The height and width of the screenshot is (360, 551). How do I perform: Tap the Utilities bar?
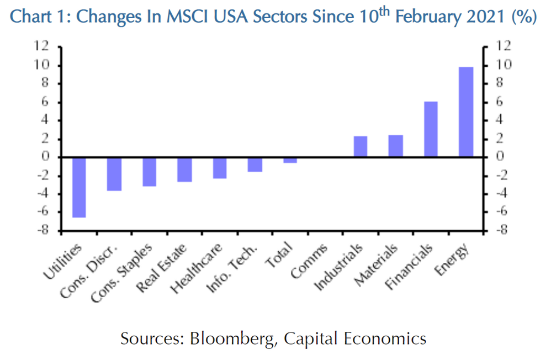tap(80, 187)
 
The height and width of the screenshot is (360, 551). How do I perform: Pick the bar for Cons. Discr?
tap(114, 174)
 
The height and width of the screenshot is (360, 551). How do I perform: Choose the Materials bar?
tap(395, 146)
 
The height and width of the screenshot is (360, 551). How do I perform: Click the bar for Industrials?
tap(360, 146)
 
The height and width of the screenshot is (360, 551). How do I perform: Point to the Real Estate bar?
tap(184, 169)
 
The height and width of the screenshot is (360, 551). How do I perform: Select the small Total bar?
tap(290, 160)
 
